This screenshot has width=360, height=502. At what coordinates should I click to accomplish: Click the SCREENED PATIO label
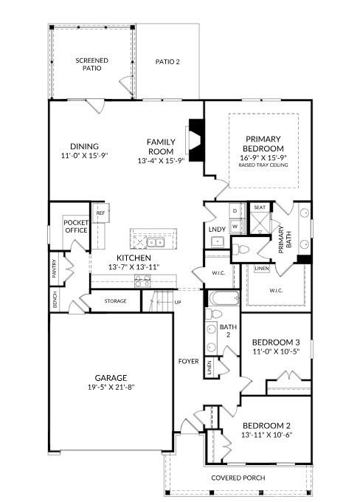click(x=92, y=63)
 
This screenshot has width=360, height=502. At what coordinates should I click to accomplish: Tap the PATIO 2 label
click(x=167, y=62)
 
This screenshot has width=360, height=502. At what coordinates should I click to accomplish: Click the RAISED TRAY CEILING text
click(x=263, y=165)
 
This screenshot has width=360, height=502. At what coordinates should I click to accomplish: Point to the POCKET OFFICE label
click(x=75, y=226)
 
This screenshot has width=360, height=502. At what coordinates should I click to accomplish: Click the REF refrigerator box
click(x=100, y=213)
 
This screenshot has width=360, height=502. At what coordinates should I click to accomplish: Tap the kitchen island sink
click(x=155, y=241)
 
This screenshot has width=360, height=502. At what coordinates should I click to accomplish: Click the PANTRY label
click(x=55, y=269)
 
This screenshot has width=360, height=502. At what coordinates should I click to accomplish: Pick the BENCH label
click(x=55, y=300)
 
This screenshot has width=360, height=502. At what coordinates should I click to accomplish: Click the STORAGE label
click(x=115, y=301)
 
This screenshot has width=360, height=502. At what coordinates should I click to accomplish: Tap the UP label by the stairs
click(x=177, y=302)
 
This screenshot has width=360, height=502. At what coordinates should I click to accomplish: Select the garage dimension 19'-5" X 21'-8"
click(x=111, y=386)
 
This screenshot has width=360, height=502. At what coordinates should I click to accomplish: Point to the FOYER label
click(x=188, y=361)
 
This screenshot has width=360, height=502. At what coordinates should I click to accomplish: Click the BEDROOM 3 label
click(x=275, y=343)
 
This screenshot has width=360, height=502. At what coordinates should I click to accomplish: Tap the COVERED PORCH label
click(x=238, y=478)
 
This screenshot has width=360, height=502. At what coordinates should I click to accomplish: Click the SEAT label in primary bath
click(x=259, y=208)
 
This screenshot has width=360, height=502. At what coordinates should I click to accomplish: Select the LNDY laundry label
click(x=216, y=230)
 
